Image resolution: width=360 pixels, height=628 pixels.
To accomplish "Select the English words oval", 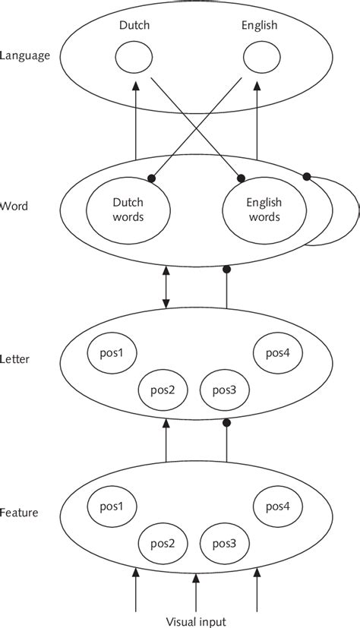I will click(x=264, y=209).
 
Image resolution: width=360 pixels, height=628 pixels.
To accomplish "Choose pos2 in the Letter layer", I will click(x=162, y=390).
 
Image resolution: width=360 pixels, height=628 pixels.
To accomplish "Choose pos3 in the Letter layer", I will click(x=225, y=390).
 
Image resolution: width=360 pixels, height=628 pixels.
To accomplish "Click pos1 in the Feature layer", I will click(x=111, y=505).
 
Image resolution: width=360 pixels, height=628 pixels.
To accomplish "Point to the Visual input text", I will click(x=196, y=619).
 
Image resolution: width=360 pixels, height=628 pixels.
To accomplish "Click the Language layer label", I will click(x=26, y=55).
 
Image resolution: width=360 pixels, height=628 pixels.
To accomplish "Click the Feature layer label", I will click(x=21, y=513).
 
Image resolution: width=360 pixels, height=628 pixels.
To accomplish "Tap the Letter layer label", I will click(x=17, y=359).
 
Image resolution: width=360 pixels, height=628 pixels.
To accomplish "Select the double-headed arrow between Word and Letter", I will click(x=166, y=288).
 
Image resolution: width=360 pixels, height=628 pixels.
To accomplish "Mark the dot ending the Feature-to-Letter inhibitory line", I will click(x=226, y=422).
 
